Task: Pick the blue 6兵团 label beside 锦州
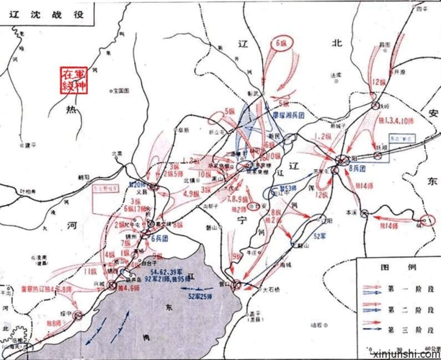[161, 238]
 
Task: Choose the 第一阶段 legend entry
[412, 288]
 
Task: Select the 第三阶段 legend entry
[412, 328]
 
